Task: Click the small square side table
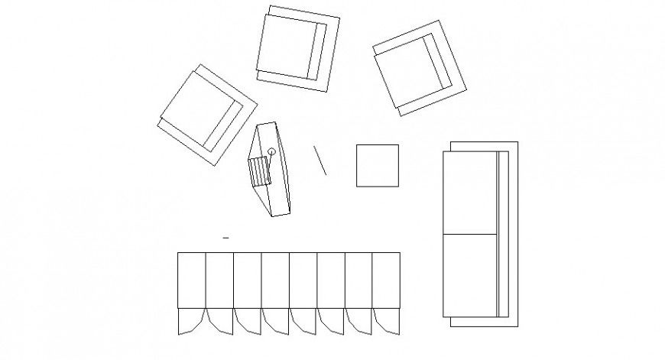(x=377, y=165)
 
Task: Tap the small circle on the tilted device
(x=271, y=151)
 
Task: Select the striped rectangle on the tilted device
(x=260, y=170)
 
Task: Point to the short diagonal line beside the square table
(x=320, y=160)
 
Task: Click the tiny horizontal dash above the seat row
(x=225, y=239)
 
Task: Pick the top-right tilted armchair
(x=419, y=68)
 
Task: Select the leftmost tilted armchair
(x=205, y=113)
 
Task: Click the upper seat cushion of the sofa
(x=470, y=192)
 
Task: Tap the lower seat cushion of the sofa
(x=470, y=274)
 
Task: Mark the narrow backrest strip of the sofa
(x=502, y=234)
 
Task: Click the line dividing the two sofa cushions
(x=470, y=232)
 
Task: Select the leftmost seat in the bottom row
(x=191, y=280)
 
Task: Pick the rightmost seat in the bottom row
(x=387, y=280)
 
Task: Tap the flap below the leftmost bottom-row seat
(x=190, y=320)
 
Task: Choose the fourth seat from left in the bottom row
(x=275, y=280)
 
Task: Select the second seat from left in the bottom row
(x=219, y=280)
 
